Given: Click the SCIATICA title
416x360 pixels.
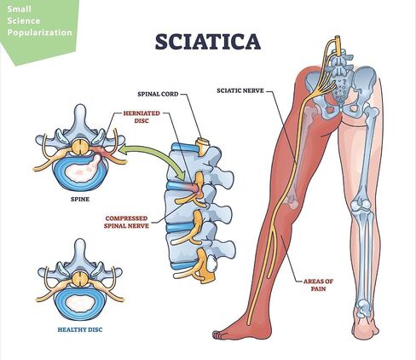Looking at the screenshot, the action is [x=208, y=42].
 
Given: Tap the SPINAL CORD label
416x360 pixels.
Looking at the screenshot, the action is [x=158, y=94].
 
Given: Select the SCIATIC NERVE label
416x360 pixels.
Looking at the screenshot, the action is [x=240, y=90].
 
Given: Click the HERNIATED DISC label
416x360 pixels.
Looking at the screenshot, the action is [x=142, y=117].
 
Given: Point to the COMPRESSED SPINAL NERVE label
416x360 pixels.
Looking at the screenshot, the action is [x=126, y=222].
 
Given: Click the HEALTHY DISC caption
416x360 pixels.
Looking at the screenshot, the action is [x=80, y=330].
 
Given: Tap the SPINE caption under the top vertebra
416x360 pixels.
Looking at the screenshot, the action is [x=80, y=200].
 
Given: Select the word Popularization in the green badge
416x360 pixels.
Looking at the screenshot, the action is [x=40, y=32].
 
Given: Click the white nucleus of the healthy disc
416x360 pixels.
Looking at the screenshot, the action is [x=81, y=303].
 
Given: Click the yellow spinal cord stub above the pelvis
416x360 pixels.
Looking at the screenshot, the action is [x=337, y=44].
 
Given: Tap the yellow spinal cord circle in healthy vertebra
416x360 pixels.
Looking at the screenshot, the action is [x=80, y=279].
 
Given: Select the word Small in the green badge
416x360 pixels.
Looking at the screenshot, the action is [x=19, y=9].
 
